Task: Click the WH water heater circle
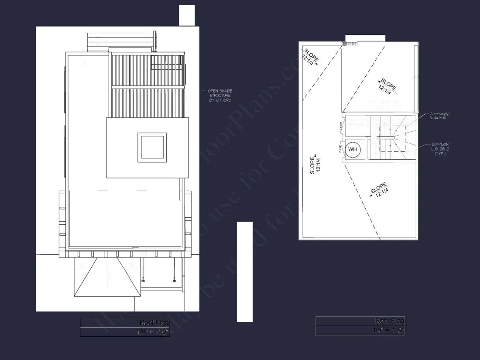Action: tap(353, 150)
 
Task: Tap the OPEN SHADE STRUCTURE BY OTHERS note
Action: tap(219, 96)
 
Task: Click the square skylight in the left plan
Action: tap(152, 147)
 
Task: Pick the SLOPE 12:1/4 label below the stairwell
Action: tap(379, 191)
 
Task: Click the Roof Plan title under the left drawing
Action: tap(154, 322)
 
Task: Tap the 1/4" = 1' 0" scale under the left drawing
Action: tap(152, 332)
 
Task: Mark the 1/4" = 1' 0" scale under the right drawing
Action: tap(388, 330)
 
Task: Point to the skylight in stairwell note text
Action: tap(440, 116)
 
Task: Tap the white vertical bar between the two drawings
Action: tap(245, 271)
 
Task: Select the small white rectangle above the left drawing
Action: tap(187, 15)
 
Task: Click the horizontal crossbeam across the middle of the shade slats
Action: tap(148, 88)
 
